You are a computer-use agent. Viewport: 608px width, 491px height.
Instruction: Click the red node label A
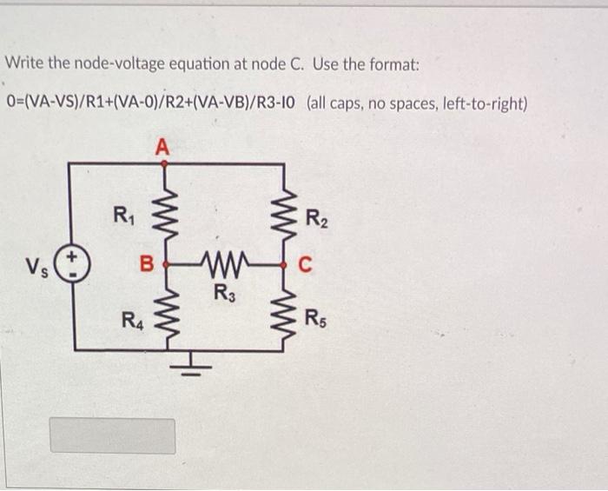[161, 147]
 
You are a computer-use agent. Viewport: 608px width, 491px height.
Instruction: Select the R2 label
[315, 218]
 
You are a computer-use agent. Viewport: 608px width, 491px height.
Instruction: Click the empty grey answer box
[112, 435]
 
